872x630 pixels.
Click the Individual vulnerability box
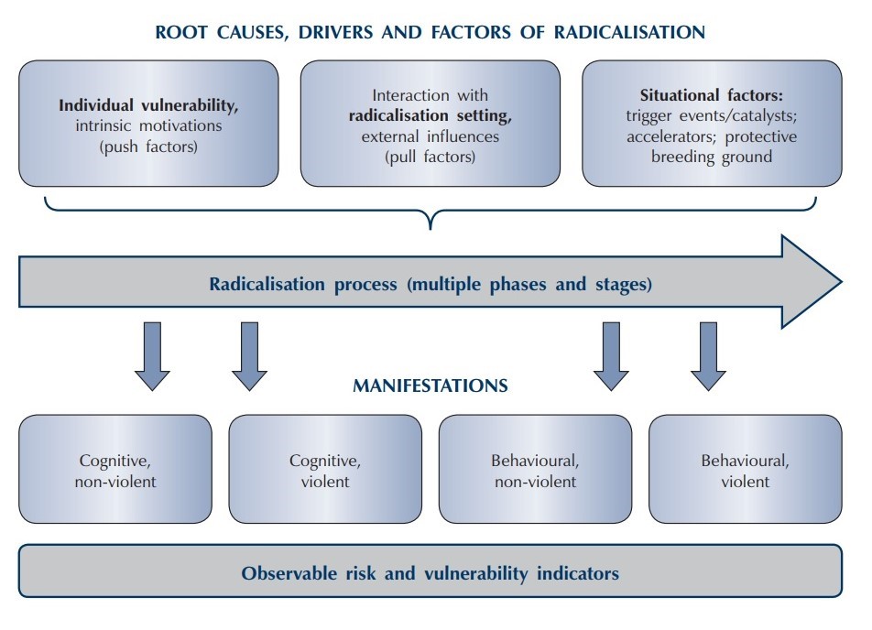(148, 124)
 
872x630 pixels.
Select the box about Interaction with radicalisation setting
(430, 124)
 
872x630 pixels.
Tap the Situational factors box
(712, 124)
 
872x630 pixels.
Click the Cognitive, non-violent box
(114, 469)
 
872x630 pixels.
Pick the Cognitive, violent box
(325, 469)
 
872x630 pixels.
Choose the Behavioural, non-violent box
(535, 469)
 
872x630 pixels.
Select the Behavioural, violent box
(745, 469)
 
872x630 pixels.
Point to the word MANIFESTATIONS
(430, 386)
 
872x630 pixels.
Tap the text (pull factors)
(430, 157)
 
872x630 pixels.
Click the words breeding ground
(712, 157)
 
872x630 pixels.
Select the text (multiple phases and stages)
(526, 284)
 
